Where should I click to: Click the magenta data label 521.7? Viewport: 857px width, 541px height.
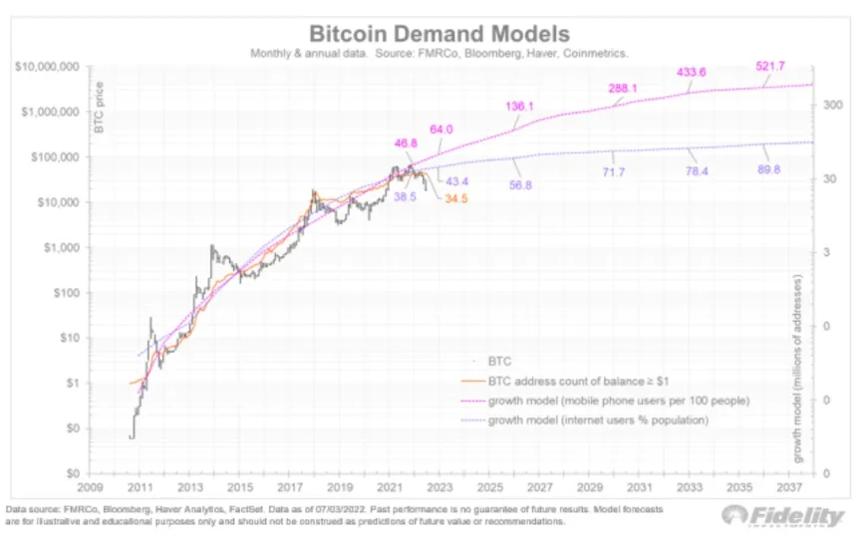[x=773, y=66]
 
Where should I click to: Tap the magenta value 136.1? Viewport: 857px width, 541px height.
[x=522, y=106]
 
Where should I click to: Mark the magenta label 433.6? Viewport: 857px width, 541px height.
[x=692, y=73]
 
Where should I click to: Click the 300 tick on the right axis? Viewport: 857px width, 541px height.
[x=829, y=104]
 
